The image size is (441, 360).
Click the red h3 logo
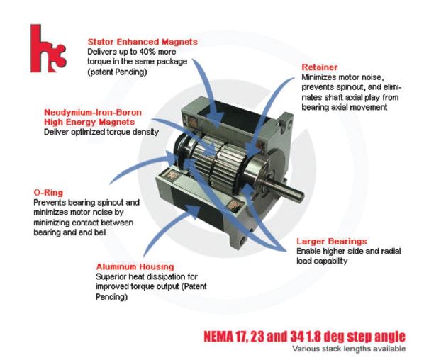(48, 48)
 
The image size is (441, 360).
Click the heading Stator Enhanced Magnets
(143, 42)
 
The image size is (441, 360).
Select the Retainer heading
(320, 67)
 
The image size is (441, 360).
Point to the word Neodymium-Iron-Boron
(93, 113)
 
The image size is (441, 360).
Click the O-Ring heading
(48, 193)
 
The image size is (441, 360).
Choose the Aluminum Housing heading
(135, 266)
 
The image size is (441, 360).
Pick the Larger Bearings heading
(332, 242)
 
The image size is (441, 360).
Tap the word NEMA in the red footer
(218, 337)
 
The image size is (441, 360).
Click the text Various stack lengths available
(349, 349)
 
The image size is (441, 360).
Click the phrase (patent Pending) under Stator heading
(117, 72)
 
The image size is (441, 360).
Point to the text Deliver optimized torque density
(101, 132)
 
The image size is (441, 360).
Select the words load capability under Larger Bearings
(322, 261)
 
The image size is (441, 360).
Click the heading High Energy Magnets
(89, 123)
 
